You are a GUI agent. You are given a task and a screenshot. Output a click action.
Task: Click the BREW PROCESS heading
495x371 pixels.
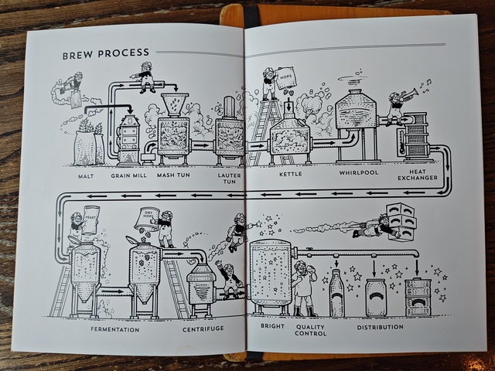105,53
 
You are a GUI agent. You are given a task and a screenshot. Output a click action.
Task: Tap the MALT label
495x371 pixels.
86,176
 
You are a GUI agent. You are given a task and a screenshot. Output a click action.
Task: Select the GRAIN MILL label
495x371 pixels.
129,175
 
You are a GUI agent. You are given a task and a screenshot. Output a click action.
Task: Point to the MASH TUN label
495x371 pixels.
173,175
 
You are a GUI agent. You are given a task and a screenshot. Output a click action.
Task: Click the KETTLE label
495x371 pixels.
291,174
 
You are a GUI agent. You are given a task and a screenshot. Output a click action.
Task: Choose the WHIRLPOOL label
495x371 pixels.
359,172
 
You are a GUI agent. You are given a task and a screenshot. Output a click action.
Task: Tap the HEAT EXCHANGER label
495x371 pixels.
418,175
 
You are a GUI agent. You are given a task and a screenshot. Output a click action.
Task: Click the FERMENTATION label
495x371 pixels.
115,329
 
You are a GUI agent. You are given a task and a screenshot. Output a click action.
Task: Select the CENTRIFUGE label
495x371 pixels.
203,329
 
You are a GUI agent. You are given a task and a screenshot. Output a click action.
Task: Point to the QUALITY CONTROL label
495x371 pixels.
310,330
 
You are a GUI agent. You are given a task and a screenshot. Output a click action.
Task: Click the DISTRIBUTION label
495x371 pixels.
380,327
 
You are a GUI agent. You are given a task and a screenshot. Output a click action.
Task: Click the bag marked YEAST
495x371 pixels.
90,220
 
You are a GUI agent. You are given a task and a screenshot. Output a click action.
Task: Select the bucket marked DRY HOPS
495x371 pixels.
145,219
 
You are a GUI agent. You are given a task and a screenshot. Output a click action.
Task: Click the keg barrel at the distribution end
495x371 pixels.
418,297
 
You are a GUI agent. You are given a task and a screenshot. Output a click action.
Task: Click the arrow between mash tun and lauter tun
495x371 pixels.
202,145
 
